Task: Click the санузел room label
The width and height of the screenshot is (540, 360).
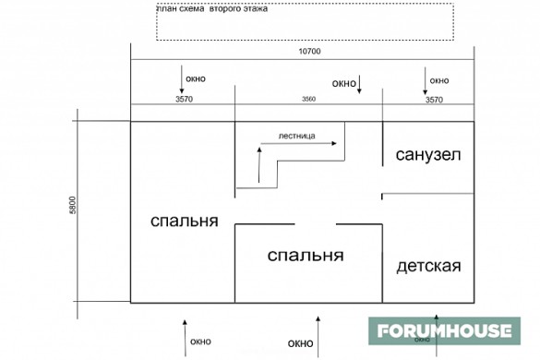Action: point(427,154)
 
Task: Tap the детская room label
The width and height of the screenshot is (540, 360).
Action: point(428,267)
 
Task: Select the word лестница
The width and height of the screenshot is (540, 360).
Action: point(298,136)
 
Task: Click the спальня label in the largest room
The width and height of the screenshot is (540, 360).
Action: point(185,222)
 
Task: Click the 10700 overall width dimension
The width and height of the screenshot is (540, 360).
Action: point(308,52)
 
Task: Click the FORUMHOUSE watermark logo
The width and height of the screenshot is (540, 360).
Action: point(443,330)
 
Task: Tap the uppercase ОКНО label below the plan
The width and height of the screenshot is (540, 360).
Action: point(300,343)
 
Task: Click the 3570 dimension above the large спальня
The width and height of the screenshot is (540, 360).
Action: point(183,99)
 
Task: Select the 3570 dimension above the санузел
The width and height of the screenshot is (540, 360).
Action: point(434,99)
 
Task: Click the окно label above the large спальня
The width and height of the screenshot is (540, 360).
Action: point(196,78)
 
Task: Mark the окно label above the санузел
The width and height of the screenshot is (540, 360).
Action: point(438,79)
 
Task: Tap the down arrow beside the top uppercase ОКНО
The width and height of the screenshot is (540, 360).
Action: point(361,85)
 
